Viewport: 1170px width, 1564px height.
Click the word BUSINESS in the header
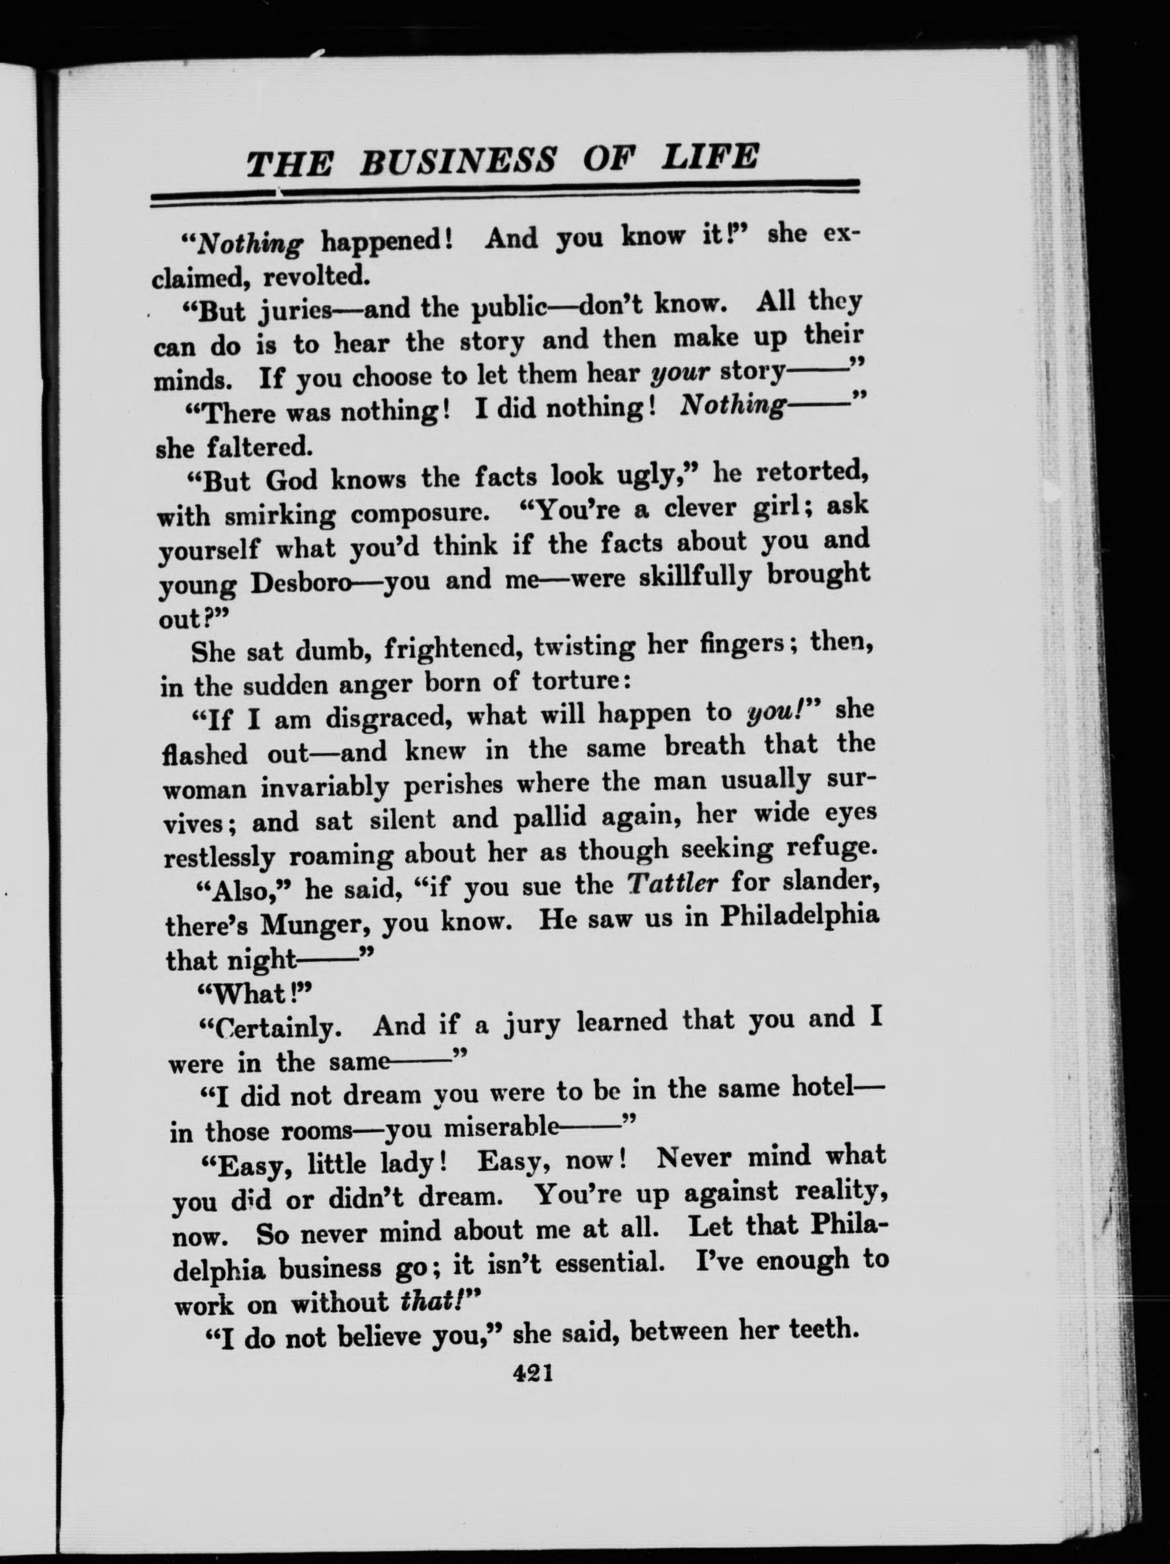pyautogui.click(x=458, y=161)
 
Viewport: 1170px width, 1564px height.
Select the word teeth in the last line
pyautogui.click(x=822, y=1329)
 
